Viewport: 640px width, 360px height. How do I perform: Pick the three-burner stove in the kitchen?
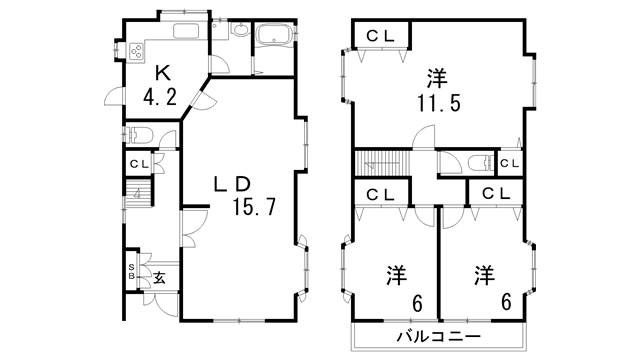(133, 50)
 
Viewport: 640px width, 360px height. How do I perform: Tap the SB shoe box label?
(131, 271)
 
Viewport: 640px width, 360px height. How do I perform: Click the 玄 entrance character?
(158, 277)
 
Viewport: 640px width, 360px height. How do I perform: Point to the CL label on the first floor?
(138, 164)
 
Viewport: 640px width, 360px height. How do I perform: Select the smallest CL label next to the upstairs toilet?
(509, 164)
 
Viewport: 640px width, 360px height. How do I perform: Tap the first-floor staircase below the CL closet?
(136, 193)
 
